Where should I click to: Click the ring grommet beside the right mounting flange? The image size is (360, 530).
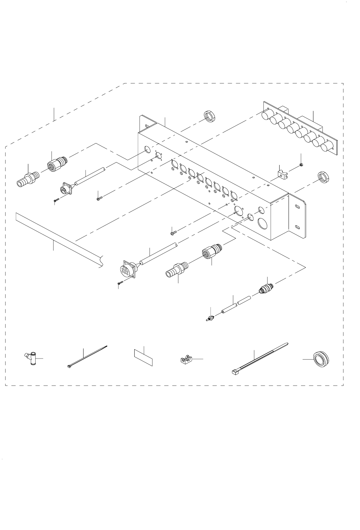tap(323, 178)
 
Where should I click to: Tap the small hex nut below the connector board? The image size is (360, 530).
tap(301, 165)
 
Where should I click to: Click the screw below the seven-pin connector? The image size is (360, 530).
tap(120, 283)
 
